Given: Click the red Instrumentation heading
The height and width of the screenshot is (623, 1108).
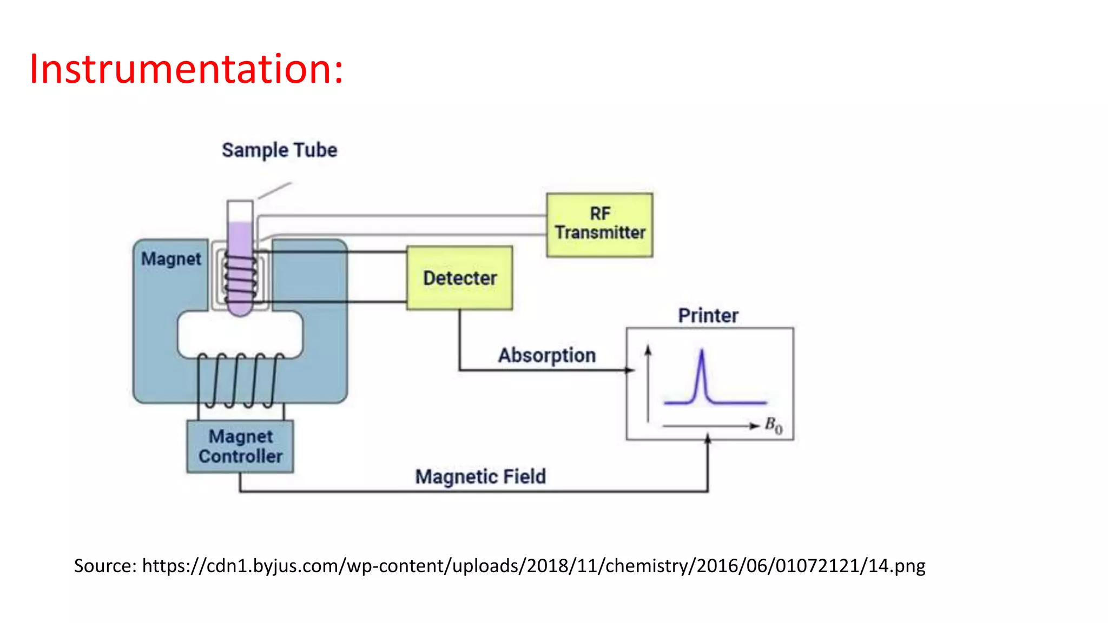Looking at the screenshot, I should click(186, 69).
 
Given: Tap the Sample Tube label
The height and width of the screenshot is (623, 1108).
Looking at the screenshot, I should click(279, 150).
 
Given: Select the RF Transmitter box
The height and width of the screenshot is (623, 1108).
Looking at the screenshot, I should click(599, 224).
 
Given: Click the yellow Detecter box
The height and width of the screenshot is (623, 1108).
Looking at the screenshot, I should click(459, 278).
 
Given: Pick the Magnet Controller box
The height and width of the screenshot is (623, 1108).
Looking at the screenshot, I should click(240, 446).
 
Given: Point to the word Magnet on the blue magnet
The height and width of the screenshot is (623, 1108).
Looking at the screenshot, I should click(171, 259).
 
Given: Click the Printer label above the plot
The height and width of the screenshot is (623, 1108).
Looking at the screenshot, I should click(708, 316).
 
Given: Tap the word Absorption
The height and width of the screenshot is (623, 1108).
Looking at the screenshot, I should click(546, 356).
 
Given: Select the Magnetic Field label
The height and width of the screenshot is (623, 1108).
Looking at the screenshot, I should click(480, 477).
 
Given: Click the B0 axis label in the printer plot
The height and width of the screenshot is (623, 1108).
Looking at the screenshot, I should click(773, 426).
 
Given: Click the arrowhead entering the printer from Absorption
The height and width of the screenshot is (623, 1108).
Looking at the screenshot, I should click(630, 370).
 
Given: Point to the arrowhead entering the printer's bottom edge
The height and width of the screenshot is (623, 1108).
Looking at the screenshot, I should click(707, 438).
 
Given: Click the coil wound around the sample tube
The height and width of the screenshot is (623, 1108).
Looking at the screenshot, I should click(240, 279).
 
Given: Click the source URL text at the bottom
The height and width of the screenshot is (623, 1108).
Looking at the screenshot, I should click(499, 566).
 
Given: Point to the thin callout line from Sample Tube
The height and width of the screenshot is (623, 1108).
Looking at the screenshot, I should click(274, 191).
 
